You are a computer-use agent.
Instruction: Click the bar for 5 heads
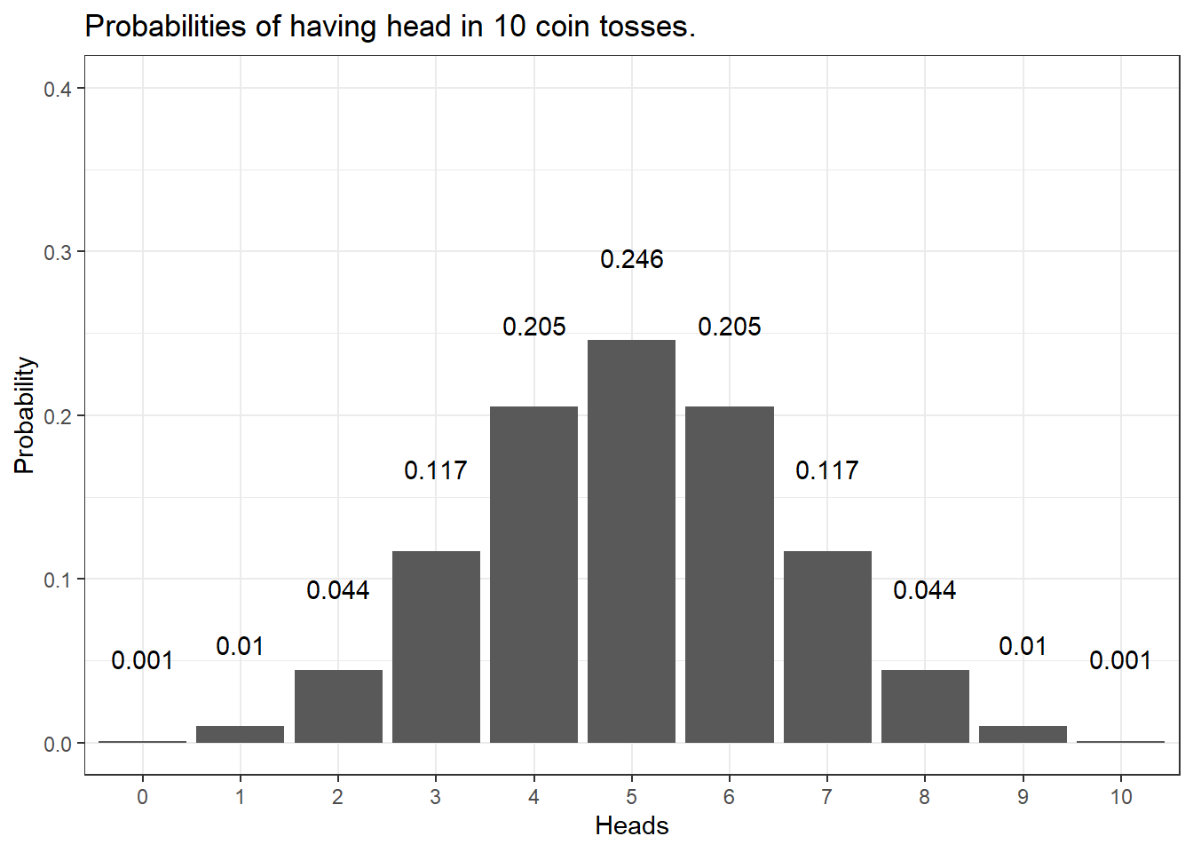tap(631, 541)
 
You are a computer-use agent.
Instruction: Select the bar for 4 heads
tap(533, 574)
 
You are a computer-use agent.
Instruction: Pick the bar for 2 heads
tap(338, 706)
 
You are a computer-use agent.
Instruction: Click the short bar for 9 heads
tap(1023, 734)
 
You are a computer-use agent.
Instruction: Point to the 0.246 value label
tap(631, 259)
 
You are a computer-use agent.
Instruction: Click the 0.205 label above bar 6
tap(730, 327)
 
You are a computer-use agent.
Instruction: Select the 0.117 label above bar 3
tap(436, 470)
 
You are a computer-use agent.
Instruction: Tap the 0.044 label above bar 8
tap(925, 590)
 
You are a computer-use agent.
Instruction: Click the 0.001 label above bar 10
tap(1120, 660)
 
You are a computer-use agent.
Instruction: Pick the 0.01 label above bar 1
tap(240, 646)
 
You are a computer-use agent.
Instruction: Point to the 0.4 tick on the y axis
tap(58, 89)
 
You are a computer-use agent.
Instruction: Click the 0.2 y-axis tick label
tap(58, 416)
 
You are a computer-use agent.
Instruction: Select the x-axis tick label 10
tap(1121, 797)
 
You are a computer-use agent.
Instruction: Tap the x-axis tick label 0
tap(142, 797)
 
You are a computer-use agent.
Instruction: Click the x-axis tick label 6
tap(729, 797)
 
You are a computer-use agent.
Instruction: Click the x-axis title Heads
tap(631, 826)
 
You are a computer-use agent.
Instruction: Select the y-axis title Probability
tap(24, 415)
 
